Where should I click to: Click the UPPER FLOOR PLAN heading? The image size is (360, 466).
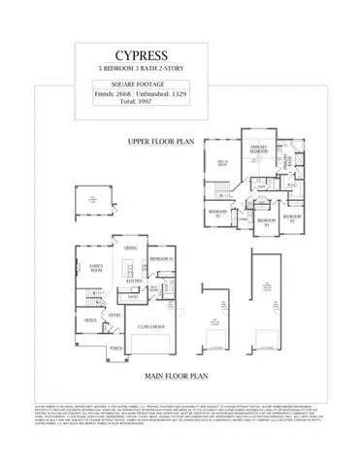[x=160, y=142]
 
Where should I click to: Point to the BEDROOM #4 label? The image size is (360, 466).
[x=262, y=221]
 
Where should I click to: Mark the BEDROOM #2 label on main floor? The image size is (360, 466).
[x=162, y=261]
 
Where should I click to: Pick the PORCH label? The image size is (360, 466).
[x=115, y=347]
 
